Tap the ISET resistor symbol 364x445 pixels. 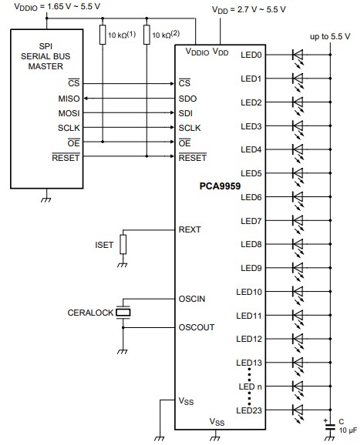click(123, 245)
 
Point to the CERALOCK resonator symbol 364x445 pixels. click(125, 313)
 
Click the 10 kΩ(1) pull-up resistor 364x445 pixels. click(101, 35)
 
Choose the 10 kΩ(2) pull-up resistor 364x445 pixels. click(147, 35)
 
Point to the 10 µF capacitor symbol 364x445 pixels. click(330, 423)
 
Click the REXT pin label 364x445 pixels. click(190, 229)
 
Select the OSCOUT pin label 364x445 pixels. click(196, 326)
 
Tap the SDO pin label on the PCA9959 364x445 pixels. click(187, 99)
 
